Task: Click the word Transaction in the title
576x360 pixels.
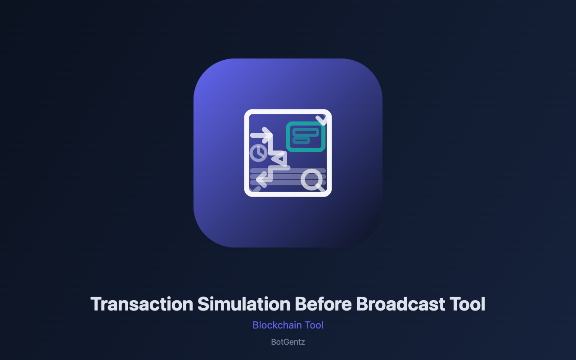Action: click(x=142, y=304)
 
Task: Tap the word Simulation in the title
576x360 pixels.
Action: click(x=244, y=304)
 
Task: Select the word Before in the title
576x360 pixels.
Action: click(x=323, y=304)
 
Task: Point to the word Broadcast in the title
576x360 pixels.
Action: click(x=400, y=304)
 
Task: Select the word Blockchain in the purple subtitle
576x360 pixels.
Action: click(x=277, y=325)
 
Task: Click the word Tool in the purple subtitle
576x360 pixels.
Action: click(x=314, y=325)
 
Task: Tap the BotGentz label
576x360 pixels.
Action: click(x=288, y=342)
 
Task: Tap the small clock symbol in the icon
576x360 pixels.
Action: click(x=258, y=153)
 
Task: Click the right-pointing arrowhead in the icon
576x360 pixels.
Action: click(x=267, y=135)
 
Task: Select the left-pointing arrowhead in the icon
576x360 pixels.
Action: click(x=261, y=179)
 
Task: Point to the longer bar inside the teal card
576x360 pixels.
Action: click(x=306, y=132)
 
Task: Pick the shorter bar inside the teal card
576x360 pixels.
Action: click(x=301, y=141)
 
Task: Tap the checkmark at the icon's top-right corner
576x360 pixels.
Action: click(x=321, y=120)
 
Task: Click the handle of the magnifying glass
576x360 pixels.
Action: click(x=321, y=188)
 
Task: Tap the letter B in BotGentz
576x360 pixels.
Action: click(x=274, y=342)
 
